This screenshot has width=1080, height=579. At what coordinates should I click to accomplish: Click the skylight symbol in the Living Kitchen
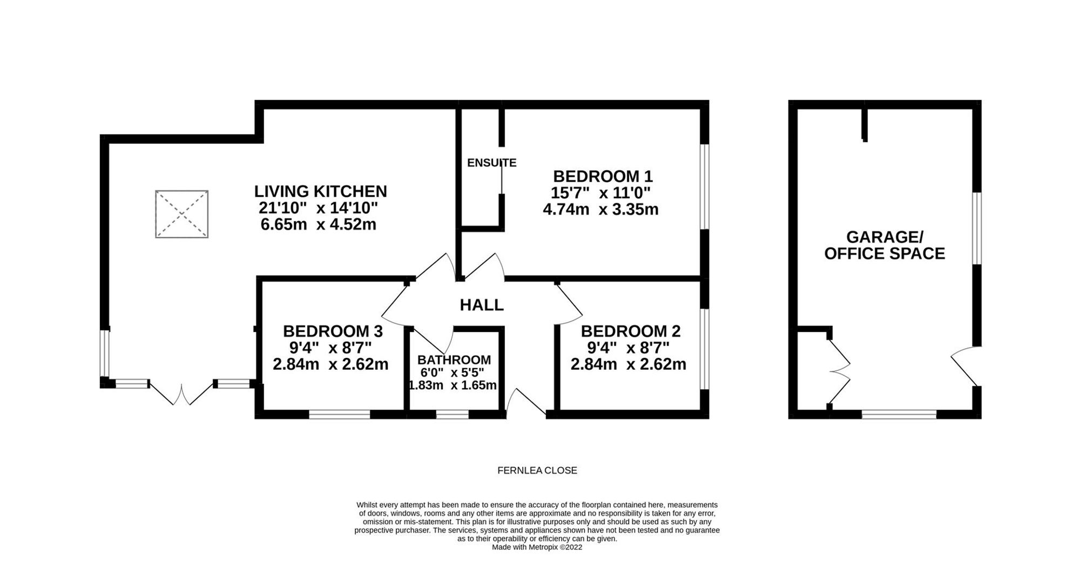point(182,214)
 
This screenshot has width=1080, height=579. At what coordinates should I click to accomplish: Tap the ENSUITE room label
point(491,163)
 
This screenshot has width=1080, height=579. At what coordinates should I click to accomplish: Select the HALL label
point(482,305)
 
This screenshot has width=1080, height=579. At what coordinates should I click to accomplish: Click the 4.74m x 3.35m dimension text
point(600,209)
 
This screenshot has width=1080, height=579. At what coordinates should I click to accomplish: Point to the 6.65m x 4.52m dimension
point(319,224)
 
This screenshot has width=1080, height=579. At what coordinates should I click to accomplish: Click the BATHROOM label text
point(454,360)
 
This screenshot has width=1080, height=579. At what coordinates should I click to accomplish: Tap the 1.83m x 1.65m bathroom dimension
point(453,385)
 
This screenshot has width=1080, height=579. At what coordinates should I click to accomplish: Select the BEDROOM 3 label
point(333,331)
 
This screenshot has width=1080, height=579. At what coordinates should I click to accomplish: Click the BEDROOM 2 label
point(631,331)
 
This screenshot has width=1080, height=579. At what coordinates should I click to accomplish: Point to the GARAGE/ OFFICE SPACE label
point(885,245)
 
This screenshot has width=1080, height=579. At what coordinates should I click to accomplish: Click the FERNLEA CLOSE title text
point(537,470)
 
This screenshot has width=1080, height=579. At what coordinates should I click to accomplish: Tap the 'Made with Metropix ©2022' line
point(537,547)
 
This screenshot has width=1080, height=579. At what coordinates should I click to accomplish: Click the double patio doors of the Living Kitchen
point(181,394)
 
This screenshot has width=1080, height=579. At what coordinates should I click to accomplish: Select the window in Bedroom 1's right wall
point(704,187)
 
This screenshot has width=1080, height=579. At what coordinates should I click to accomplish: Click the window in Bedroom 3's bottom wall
point(340,415)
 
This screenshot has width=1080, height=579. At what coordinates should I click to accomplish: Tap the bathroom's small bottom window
point(453,415)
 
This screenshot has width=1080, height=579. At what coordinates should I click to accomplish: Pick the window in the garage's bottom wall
point(899,415)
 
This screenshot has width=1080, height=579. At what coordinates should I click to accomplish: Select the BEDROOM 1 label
point(603,176)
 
